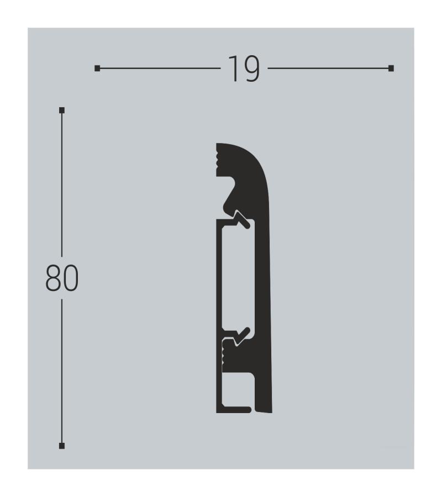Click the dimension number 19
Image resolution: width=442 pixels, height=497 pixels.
pos(244,69)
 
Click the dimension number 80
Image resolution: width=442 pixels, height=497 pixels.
pos(62,278)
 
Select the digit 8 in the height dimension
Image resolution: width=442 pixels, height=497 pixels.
pos(53,278)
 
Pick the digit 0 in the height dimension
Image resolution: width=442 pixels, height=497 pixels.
pos(71,278)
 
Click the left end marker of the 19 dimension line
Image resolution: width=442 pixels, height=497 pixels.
pos(97,68)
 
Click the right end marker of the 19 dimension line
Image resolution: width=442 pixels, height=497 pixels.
pos(391,68)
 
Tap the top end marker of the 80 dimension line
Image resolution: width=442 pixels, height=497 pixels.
pos(62,110)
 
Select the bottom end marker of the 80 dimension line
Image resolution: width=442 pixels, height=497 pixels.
pos(62,446)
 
